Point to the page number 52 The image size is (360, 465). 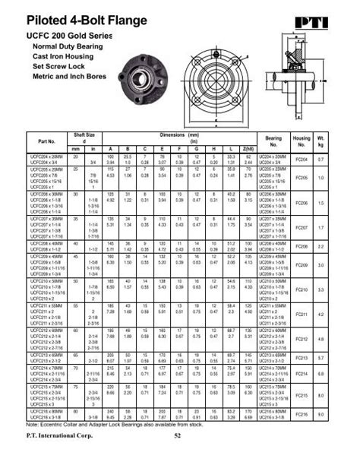tap(178, 434)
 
